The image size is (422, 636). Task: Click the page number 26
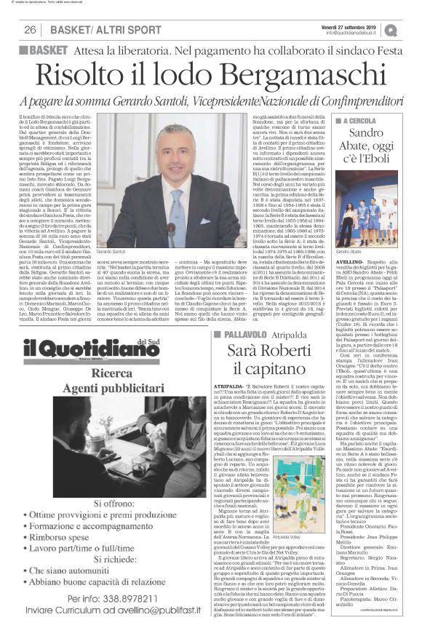[30, 30]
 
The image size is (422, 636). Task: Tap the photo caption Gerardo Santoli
[125, 251]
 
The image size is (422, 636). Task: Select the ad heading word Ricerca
[101, 376]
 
